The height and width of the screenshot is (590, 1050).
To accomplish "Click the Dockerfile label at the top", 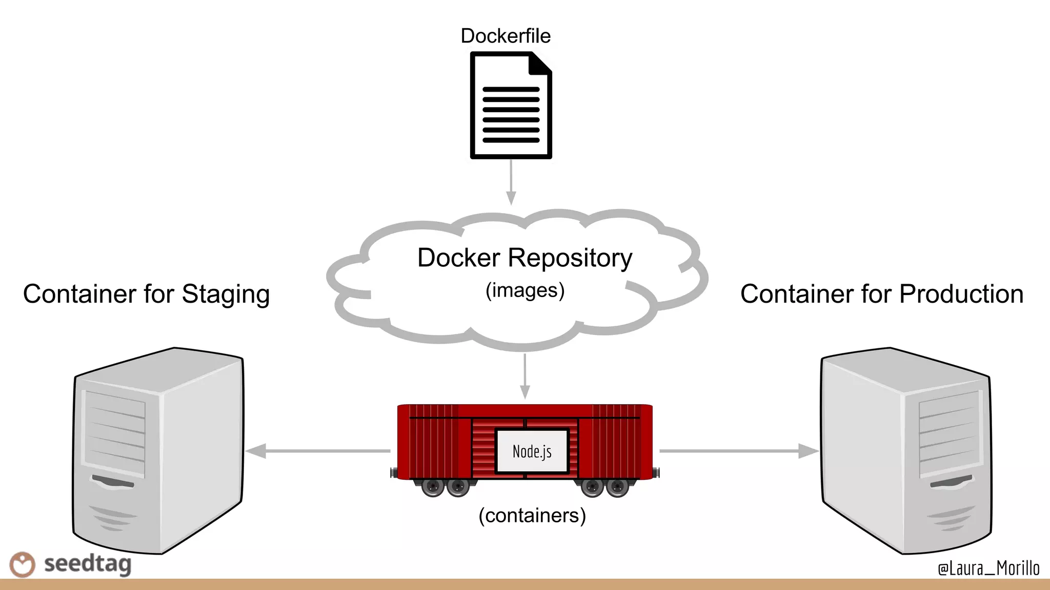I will coord(506,36).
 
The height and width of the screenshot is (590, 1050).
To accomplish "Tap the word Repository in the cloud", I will coord(570,258).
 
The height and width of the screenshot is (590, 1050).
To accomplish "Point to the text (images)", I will coord(525,290).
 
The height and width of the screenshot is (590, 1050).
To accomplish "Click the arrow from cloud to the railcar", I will coord(524,376).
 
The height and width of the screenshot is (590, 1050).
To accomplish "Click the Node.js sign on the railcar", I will coord(532,451).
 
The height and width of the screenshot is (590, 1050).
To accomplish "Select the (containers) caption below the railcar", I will coord(532,515).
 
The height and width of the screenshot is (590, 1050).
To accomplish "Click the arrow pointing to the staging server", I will coord(318,451).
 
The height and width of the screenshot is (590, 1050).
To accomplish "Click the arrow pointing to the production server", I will coord(738,451).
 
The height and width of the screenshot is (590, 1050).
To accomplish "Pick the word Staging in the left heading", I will coord(226,295).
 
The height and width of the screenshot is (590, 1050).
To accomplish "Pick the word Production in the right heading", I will coord(961,294).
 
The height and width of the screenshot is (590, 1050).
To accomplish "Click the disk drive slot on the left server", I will coord(113,482).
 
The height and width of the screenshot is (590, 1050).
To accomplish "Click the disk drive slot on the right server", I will coord(951,482).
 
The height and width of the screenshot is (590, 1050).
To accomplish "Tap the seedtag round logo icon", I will coord(23,564).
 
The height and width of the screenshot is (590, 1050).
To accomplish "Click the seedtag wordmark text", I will coord(88,564).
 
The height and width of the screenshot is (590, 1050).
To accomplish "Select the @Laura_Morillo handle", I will coord(988,568).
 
